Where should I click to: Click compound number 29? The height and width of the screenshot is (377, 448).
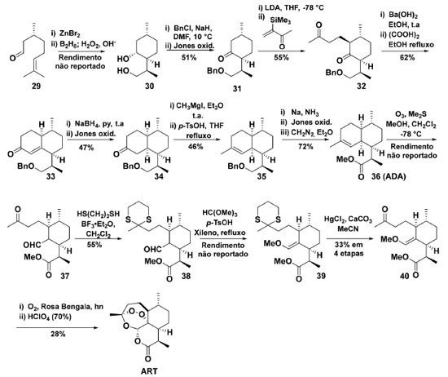tap(37, 86)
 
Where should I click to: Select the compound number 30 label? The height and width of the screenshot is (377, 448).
tap(149, 86)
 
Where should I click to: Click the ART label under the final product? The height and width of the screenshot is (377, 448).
tap(149, 371)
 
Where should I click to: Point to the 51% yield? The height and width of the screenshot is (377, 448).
tap(189, 58)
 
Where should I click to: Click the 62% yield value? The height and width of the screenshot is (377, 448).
tap(407, 58)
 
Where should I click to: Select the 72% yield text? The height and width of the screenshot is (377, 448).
tap(305, 147)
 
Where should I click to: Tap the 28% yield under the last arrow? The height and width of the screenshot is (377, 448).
tap(58, 334)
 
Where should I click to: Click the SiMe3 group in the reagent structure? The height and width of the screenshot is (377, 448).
tap(280, 20)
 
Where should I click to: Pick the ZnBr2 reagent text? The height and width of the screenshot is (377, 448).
tap(70, 33)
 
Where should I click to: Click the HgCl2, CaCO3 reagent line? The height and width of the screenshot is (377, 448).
tap(348, 220)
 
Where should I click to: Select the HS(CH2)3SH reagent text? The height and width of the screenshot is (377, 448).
tap(99, 214)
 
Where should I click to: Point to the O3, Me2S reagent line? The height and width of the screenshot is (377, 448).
tap(411, 114)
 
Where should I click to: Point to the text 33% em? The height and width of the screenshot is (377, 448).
tap(349, 245)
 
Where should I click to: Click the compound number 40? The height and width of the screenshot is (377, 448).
tap(405, 276)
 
